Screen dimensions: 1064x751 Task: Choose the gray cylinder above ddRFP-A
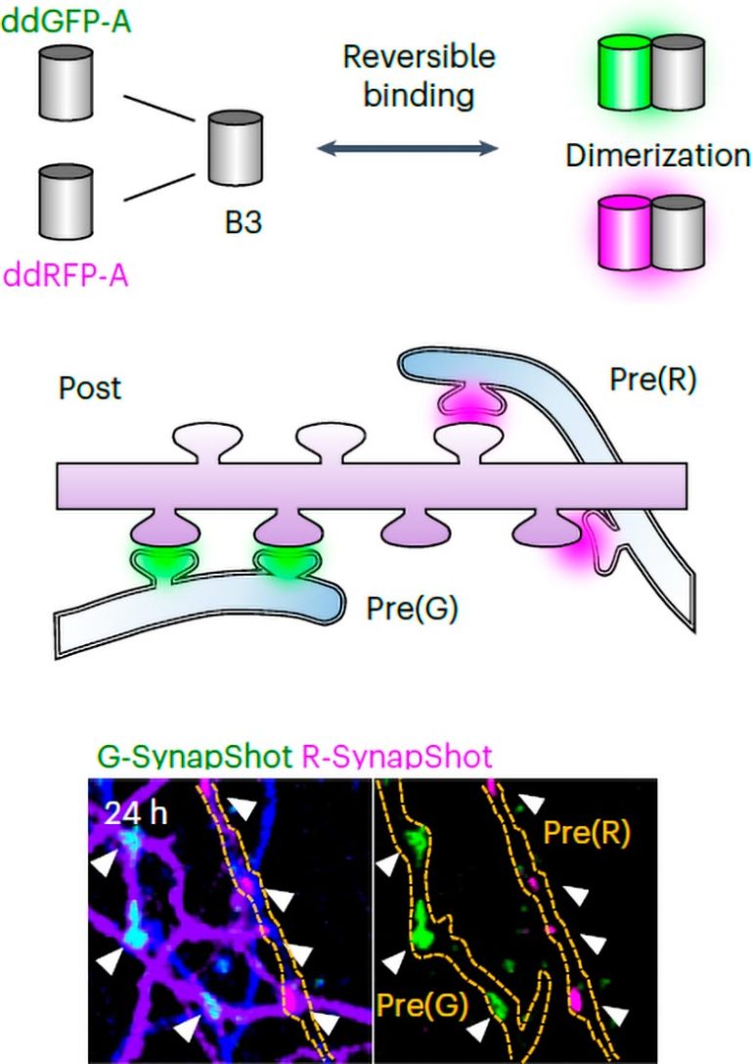[66, 203]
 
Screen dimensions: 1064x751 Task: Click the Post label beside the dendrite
[89, 388]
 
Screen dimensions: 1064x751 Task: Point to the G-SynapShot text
[181, 756]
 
